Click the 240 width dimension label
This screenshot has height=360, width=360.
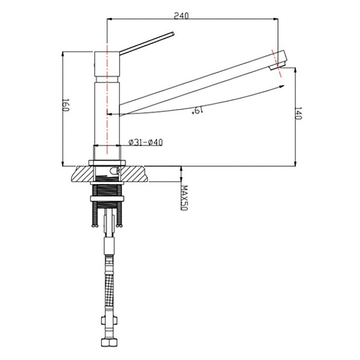(181, 16)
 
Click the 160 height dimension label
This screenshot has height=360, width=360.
(66, 105)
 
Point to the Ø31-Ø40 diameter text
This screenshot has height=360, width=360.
(146, 143)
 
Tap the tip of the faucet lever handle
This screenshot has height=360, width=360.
(173, 34)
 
